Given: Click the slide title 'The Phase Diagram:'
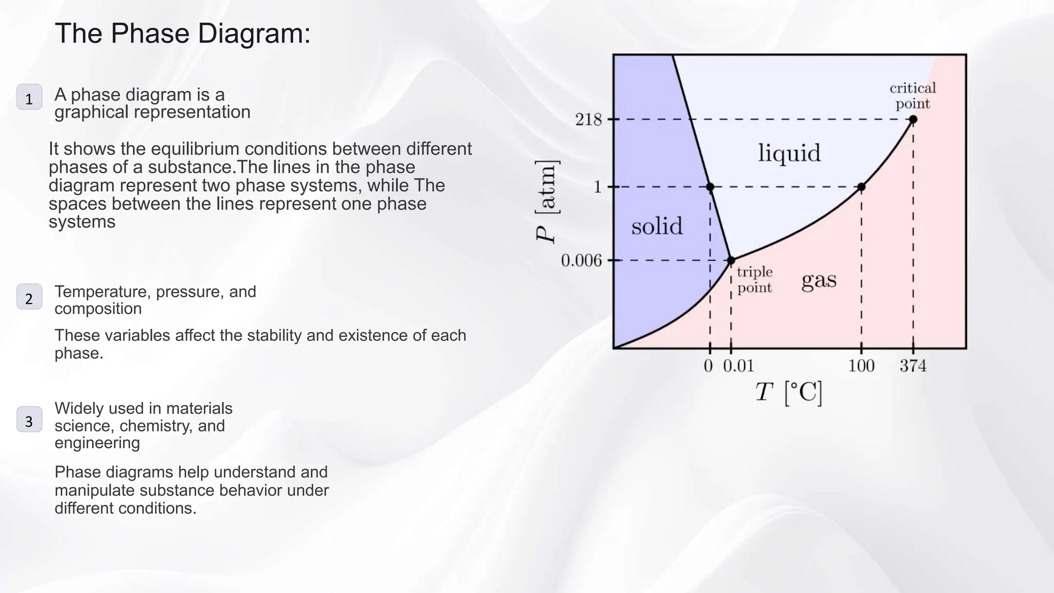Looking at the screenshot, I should click(183, 33).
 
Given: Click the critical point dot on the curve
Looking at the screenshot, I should click(913, 119).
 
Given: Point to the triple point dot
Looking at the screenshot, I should click(731, 260).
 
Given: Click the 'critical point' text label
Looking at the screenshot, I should click(912, 96).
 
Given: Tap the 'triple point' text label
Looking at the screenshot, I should click(754, 280).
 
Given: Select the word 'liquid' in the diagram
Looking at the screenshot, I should click(789, 153).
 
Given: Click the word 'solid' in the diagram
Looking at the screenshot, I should click(657, 226).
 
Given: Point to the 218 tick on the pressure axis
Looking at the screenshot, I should click(589, 119).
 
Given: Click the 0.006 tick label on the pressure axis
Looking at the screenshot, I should click(581, 260).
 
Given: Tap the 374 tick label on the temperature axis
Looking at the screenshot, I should click(912, 366).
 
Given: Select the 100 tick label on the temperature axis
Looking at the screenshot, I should click(861, 366).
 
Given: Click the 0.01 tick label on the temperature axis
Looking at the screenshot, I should click(739, 366).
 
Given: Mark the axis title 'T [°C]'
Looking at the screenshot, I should click(788, 393).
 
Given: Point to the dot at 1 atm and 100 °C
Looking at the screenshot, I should click(862, 187).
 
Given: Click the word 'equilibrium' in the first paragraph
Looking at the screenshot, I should click(196, 149).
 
